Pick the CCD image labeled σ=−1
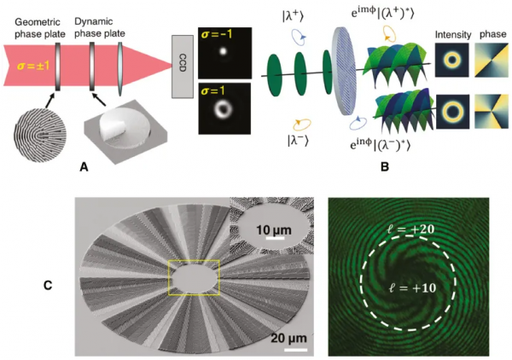(x=227, y=51)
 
